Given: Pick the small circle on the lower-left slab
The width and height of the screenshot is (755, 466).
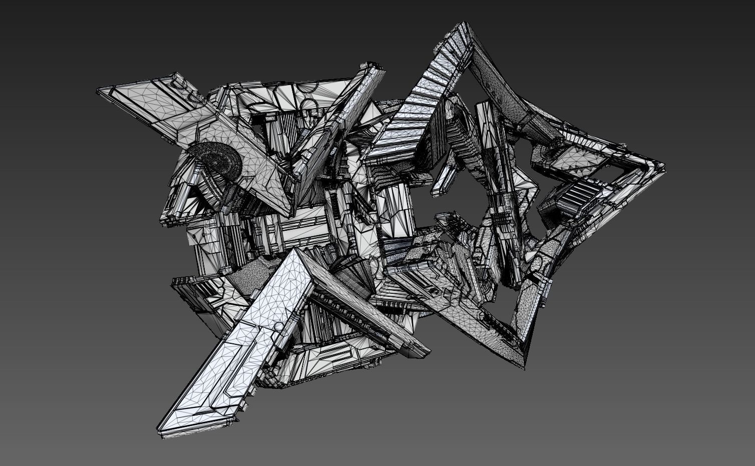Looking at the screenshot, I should click(277, 326).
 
